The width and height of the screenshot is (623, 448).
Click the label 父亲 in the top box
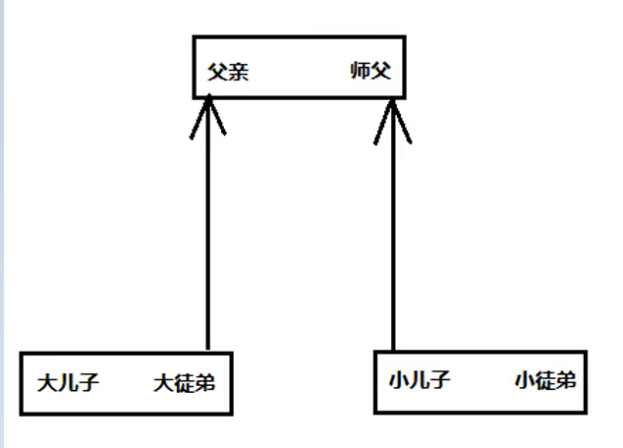pos(228,72)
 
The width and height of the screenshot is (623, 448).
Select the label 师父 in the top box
pos(370,71)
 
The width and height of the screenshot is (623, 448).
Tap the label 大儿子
pos(68,382)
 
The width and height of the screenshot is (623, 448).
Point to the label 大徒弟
pos(184,382)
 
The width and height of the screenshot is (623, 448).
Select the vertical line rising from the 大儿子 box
pos(208,236)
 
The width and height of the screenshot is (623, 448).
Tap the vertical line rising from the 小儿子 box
pos(392,236)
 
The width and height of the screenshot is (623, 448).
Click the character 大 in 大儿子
pos(47,382)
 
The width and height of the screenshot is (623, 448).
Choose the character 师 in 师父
pos(360,71)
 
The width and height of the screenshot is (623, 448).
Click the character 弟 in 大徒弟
pos(204,382)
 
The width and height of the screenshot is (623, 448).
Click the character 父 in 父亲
pos(217,72)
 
